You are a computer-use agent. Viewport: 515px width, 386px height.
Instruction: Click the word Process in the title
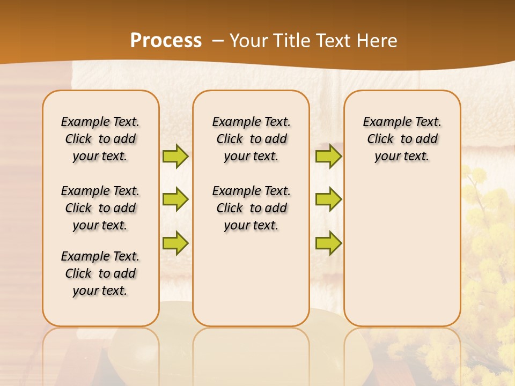click(x=166, y=40)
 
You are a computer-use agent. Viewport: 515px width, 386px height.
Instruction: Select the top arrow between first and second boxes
click(x=175, y=156)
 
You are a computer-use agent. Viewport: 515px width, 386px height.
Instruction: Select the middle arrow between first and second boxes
click(x=175, y=199)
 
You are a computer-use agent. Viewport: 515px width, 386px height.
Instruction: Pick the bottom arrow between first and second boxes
click(x=175, y=243)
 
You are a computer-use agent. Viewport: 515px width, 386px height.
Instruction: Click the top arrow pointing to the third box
click(x=328, y=156)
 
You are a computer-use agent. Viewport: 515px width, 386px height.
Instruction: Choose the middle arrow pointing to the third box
click(x=328, y=199)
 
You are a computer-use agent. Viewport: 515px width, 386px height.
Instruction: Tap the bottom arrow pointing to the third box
click(x=328, y=243)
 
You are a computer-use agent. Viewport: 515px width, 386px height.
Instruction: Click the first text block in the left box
click(x=100, y=139)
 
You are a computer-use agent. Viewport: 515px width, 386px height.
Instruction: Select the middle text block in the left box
click(x=100, y=208)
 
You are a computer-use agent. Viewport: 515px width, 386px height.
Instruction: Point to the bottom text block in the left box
click(x=100, y=273)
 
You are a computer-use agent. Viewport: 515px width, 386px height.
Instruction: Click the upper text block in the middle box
click(x=251, y=139)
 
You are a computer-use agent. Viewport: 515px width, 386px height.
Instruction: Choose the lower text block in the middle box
click(x=251, y=208)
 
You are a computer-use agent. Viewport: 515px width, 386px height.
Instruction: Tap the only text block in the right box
click(x=402, y=139)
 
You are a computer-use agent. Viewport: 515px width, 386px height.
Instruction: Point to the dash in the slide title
click(x=218, y=41)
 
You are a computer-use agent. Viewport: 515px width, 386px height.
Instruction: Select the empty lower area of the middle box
click(x=251, y=279)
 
